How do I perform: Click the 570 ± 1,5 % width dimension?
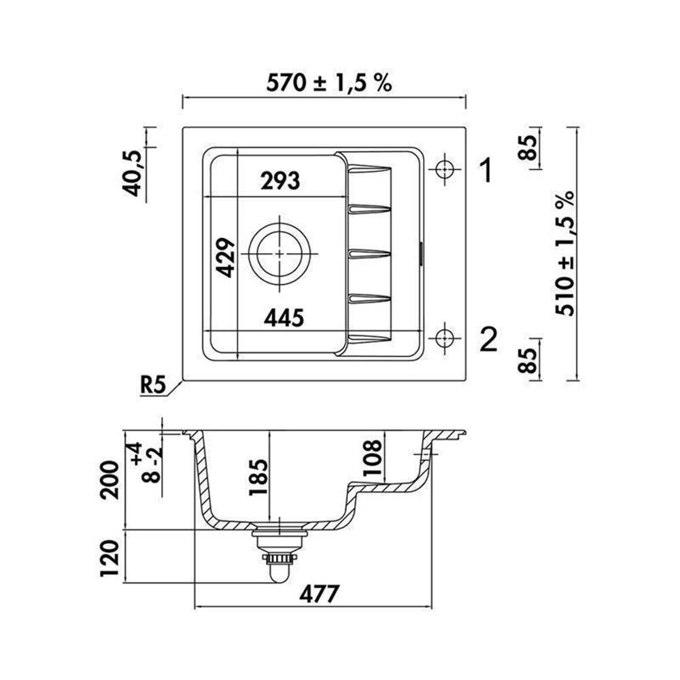[329, 82]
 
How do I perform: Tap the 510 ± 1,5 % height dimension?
[565, 254]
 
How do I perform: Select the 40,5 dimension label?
[131, 174]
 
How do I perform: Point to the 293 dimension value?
[280, 181]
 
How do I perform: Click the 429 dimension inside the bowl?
[226, 258]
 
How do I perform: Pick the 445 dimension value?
[284, 318]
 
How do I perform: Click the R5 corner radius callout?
[153, 385]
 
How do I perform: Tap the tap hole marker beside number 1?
[445, 169]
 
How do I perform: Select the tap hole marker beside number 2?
[445, 338]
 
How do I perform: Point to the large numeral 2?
[489, 339]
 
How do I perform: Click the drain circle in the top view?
[279, 254]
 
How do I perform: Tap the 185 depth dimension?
[257, 477]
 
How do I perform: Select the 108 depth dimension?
[372, 458]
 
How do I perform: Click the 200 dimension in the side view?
[109, 481]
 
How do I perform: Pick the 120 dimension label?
[109, 558]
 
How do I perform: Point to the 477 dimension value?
[319, 594]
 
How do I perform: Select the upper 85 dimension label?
[528, 148]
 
